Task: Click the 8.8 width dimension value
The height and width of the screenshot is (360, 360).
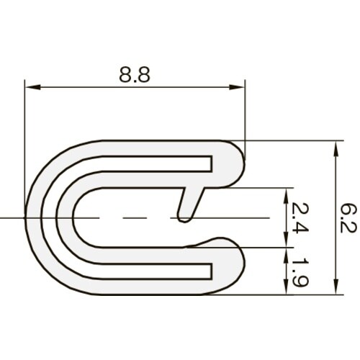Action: pos(135,76)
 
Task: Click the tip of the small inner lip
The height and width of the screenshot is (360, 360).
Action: pos(184,216)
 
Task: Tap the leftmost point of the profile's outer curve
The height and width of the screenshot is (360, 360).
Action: pos(26,217)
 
